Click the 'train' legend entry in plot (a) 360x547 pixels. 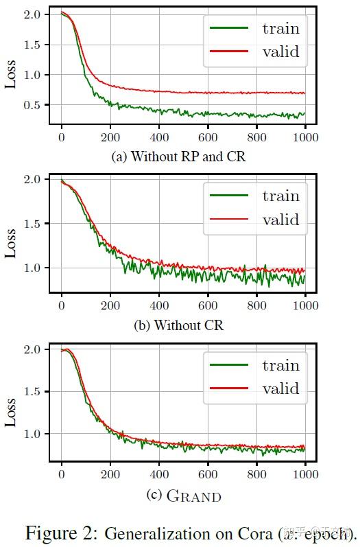pyautogui.click(x=280, y=28)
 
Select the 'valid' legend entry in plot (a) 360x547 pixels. pyautogui.click(x=280, y=51)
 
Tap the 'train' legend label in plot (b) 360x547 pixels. pyautogui.click(x=280, y=196)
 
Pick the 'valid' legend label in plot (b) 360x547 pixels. pyautogui.click(x=280, y=220)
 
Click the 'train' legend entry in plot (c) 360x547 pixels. pyautogui.click(x=280, y=365)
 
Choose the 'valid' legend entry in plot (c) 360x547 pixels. pyautogui.click(x=280, y=388)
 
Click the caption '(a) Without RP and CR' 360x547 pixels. pyautogui.click(x=178, y=156)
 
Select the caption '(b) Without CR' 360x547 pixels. pyautogui.click(x=179, y=325)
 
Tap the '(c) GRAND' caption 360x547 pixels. pyautogui.click(x=184, y=494)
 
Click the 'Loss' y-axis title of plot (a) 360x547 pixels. pyautogui.click(x=12, y=73)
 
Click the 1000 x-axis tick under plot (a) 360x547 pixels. pyautogui.click(x=305, y=137)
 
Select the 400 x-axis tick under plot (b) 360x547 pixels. pyautogui.click(x=159, y=306)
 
